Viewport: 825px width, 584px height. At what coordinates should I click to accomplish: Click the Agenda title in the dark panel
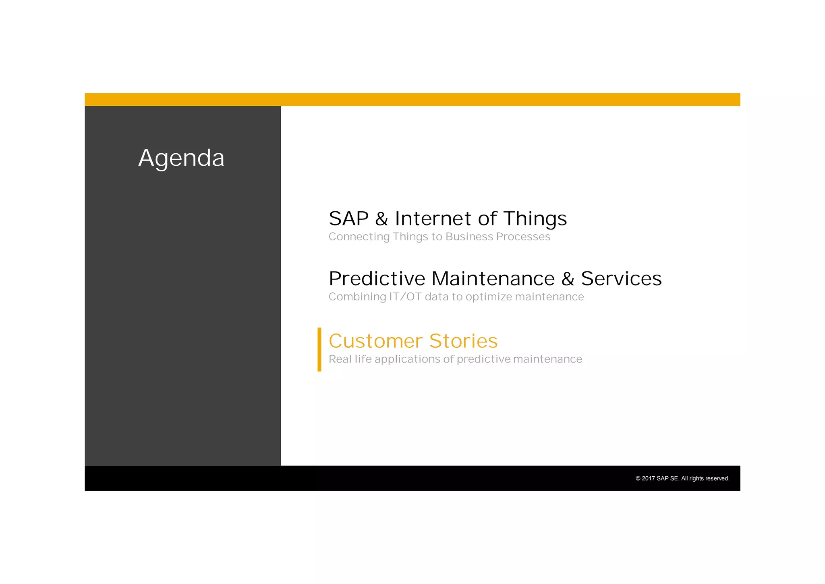coord(181,158)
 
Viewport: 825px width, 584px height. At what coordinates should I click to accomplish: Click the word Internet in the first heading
coord(433,219)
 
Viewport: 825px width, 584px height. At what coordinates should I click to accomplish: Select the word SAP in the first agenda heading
coord(348,219)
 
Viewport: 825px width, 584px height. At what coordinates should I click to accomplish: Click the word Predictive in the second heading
coord(377,279)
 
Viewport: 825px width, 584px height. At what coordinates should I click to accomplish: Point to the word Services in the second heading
coord(621,279)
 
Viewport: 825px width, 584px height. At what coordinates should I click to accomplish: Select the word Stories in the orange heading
coord(463,341)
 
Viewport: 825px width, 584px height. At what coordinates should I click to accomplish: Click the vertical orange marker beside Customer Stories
coord(319,349)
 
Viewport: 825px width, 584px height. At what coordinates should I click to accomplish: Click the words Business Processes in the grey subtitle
coord(497,237)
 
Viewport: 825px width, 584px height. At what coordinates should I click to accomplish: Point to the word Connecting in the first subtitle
coord(359,237)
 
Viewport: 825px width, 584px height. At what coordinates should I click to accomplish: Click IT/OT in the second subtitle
coord(405,297)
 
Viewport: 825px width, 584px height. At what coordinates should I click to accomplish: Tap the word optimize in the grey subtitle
coord(489,297)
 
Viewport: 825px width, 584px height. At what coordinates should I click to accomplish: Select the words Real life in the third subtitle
coord(350,359)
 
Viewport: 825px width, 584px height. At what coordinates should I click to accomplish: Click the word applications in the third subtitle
coord(407,359)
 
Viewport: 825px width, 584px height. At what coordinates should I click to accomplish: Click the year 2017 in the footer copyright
coord(648,479)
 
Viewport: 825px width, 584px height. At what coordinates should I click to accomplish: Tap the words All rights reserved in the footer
coord(705,479)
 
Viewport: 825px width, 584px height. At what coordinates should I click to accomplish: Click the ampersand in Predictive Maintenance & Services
coord(568,279)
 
